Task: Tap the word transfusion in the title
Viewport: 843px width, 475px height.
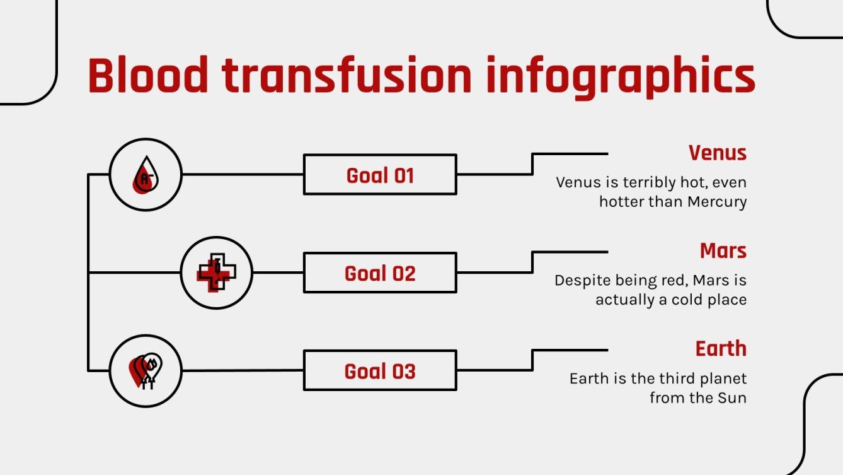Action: coord(346,76)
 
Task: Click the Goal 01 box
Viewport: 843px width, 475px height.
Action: coord(380,175)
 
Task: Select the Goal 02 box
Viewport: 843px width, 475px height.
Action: coord(380,273)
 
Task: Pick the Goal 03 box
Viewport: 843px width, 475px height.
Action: coord(380,371)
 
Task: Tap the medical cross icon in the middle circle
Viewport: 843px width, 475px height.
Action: coord(216,273)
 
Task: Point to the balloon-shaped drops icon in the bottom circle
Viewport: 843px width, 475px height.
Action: coord(146,371)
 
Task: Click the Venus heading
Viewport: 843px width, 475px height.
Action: coord(717,153)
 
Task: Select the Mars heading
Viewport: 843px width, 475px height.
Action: coord(723,250)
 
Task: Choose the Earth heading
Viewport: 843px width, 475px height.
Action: coord(721,348)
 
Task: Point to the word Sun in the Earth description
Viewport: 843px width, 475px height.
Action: coord(732,398)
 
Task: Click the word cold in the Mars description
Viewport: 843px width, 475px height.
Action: coord(683,300)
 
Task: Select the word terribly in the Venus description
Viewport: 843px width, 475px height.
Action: coord(650,182)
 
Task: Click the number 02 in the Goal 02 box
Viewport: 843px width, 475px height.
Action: coord(403,273)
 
